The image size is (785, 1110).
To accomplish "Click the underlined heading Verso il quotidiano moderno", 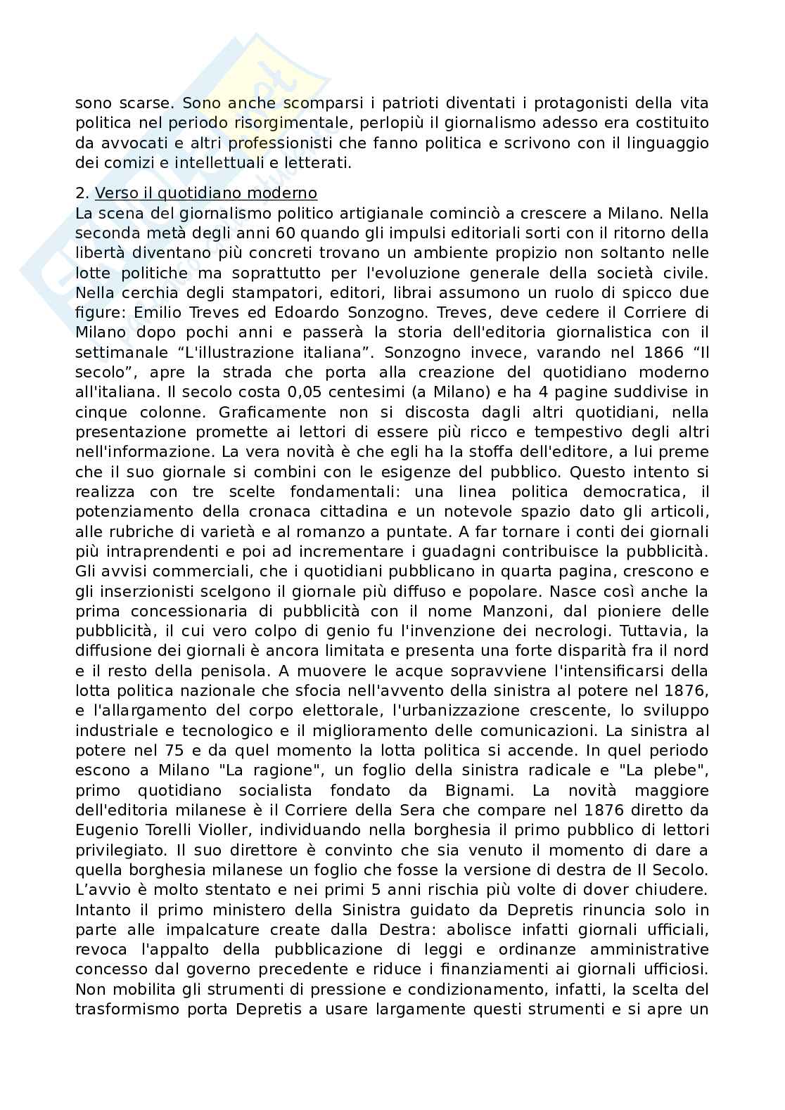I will point(206,193).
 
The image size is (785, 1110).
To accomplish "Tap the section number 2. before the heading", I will point(82,193).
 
